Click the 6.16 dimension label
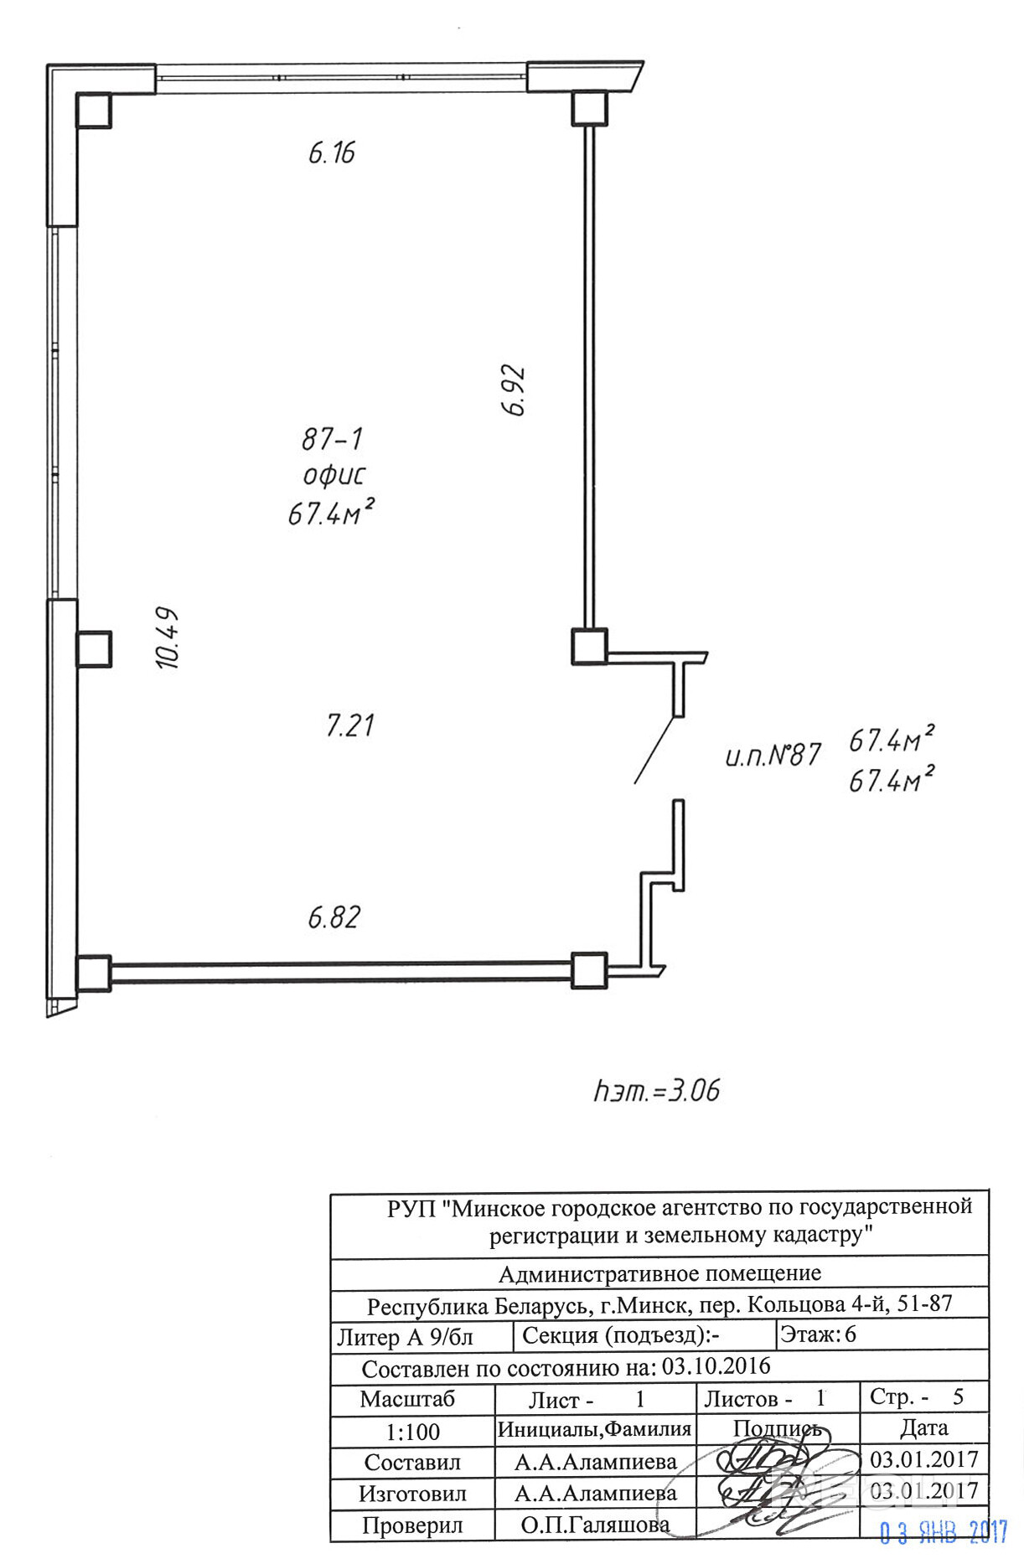(332, 152)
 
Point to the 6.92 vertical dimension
(514, 390)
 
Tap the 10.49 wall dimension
(168, 637)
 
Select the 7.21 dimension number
(350, 725)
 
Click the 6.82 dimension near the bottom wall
(334, 917)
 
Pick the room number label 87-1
(332, 438)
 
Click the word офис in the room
(334, 475)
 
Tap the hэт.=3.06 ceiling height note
(657, 1091)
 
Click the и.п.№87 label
(773, 756)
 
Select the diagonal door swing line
(654, 750)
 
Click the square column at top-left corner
(94, 110)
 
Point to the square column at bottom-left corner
(93, 973)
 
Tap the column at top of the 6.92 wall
(589, 108)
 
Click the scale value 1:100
(412, 1432)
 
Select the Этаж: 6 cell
(818, 1334)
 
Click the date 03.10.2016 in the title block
(716, 1366)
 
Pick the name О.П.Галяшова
(595, 1525)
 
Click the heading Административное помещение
(659, 1274)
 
